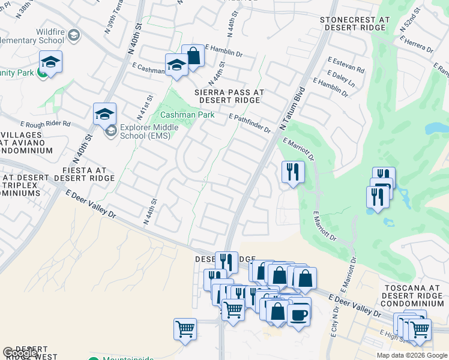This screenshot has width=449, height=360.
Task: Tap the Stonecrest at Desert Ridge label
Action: [x=355, y=24]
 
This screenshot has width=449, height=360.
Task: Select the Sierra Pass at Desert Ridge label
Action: [x=229, y=97]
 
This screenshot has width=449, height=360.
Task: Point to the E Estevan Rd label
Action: [x=346, y=65]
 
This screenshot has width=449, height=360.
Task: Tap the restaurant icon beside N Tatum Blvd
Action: [x=293, y=172]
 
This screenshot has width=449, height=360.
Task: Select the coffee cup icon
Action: [x=299, y=314]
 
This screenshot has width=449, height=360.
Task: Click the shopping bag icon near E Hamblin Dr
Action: [x=193, y=56]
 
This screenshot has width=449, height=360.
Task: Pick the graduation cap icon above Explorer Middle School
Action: [x=104, y=113]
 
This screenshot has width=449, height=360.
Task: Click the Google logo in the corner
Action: [x=20, y=353]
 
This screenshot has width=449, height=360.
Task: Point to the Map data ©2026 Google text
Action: [x=412, y=355]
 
